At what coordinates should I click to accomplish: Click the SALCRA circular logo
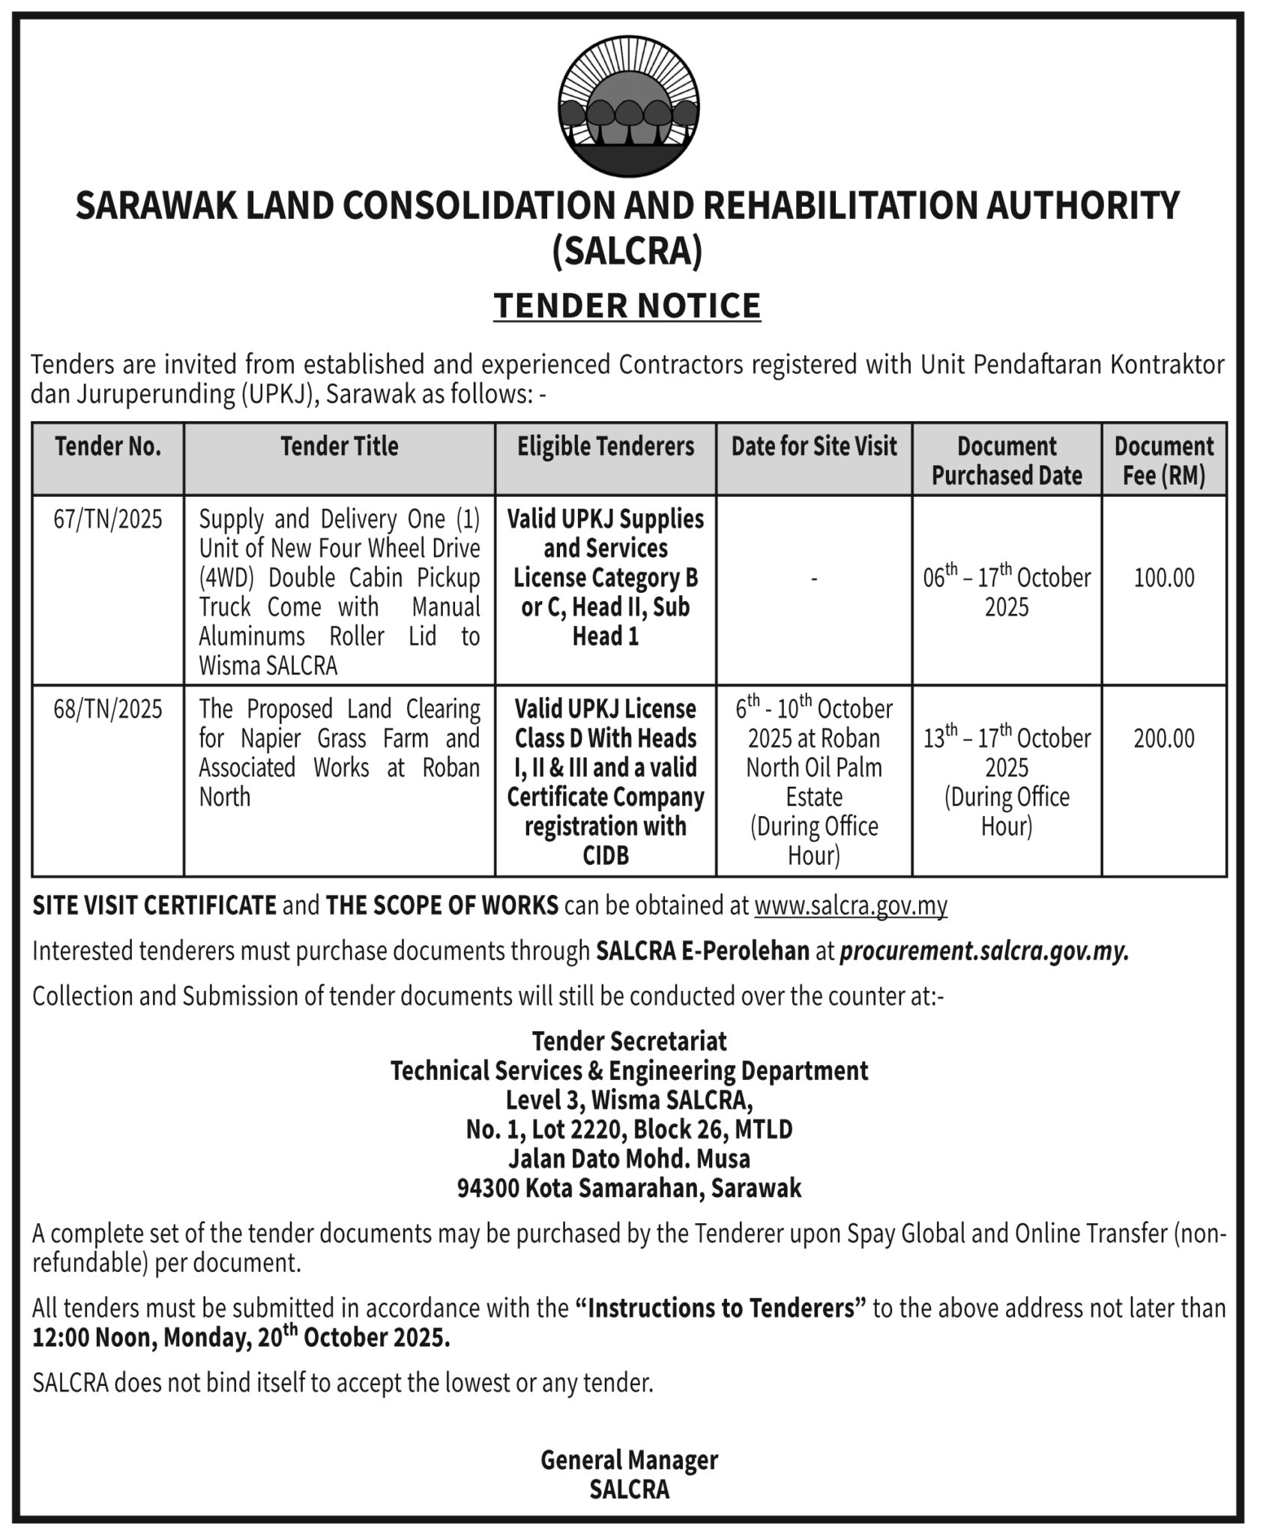tap(628, 108)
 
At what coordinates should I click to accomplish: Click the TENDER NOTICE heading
tap(627, 306)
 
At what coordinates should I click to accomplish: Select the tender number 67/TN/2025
tap(108, 519)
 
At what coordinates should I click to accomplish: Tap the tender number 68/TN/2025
tap(108, 709)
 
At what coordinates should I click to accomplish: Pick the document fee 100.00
tap(1163, 578)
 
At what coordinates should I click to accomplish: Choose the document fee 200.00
tap(1163, 738)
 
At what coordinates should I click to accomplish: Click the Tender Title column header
tap(340, 447)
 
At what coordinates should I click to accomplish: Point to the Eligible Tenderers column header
tap(606, 447)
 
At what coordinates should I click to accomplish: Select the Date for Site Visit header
tap(814, 447)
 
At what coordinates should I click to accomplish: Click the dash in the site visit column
tap(814, 578)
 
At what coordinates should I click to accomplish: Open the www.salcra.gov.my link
tap(851, 905)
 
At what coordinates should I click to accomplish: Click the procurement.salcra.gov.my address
tap(984, 950)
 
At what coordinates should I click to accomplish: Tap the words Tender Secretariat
tap(629, 1040)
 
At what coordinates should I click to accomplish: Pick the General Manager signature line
tap(629, 1459)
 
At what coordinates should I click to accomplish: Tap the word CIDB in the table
tap(606, 855)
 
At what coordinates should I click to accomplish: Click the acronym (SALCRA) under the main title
tap(627, 251)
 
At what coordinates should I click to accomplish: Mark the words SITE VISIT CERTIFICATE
tap(154, 905)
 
